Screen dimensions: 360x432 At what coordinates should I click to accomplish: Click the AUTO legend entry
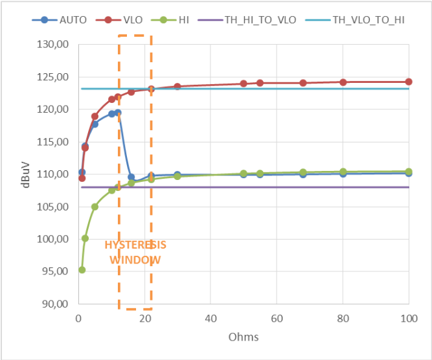click(63, 19)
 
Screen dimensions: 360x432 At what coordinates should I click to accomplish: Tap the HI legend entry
click(186, 19)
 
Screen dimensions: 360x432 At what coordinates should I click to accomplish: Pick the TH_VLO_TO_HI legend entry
click(369, 19)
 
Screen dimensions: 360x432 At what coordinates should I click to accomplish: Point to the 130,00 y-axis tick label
click(54, 45)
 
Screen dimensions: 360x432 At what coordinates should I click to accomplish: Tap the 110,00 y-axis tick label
click(54, 174)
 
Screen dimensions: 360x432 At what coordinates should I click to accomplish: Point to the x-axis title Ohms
click(243, 337)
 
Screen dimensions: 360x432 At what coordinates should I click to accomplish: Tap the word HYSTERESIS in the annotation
click(135, 245)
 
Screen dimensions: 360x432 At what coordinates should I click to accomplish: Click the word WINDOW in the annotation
click(135, 260)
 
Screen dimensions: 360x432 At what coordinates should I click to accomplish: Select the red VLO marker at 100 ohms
click(409, 82)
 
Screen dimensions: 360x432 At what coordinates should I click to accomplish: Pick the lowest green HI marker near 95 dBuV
click(82, 270)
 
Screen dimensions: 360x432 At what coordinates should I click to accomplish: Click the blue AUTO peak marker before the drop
click(118, 113)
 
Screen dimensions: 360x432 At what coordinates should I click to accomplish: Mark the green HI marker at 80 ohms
click(343, 172)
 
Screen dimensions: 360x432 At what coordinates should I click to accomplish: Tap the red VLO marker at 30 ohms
click(177, 86)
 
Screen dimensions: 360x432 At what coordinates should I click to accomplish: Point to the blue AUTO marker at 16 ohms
click(131, 177)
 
